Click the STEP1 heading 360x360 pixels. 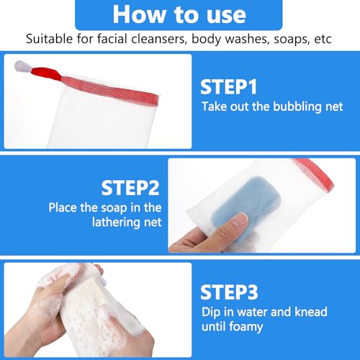click(x=228, y=87)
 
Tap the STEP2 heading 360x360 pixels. click(x=130, y=188)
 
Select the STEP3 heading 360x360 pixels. click(x=229, y=292)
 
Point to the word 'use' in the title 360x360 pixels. click(x=226, y=16)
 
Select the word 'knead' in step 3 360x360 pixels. click(x=311, y=312)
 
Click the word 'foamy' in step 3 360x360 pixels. click(x=246, y=327)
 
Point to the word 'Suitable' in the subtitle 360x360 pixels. click(x=49, y=39)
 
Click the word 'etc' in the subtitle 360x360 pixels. click(x=323, y=40)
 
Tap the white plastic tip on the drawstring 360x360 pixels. click(x=22, y=66)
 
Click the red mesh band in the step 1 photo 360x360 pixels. click(x=110, y=90)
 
